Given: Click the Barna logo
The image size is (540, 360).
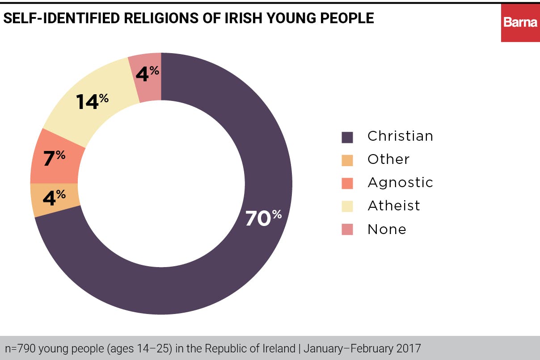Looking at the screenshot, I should pyautogui.click(x=520, y=22).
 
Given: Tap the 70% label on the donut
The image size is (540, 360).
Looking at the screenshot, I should pyautogui.click(x=263, y=218).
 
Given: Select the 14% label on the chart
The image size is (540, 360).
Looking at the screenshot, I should pyautogui.click(x=92, y=101).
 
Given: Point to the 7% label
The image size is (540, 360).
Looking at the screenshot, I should pyautogui.click(x=54, y=158).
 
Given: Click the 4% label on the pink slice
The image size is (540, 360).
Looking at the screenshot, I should pyautogui.click(x=147, y=73).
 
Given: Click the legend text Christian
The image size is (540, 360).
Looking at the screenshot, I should pyautogui.click(x=400, y=136).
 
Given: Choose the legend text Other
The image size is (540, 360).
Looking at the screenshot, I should pyautogui.click(x=388, y=159).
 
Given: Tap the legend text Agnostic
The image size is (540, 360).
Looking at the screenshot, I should pyautogui.click(x=400, y=182).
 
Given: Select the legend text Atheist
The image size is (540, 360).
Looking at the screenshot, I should pyautogui.click(x=393, y=205).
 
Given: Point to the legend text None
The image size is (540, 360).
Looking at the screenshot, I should pyautogui.click(x=387, y=229).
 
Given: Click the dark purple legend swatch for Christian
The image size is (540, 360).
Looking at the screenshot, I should pyautogui.click(x=347, y=137).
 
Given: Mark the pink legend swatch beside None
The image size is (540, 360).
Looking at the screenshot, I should pyautogui.click(x=347, y=230).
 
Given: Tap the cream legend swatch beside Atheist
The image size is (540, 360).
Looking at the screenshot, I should pyautogui.click(x=347, y=206).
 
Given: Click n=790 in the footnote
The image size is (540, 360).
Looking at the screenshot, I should pyautogui.click(x=20, y=348).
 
